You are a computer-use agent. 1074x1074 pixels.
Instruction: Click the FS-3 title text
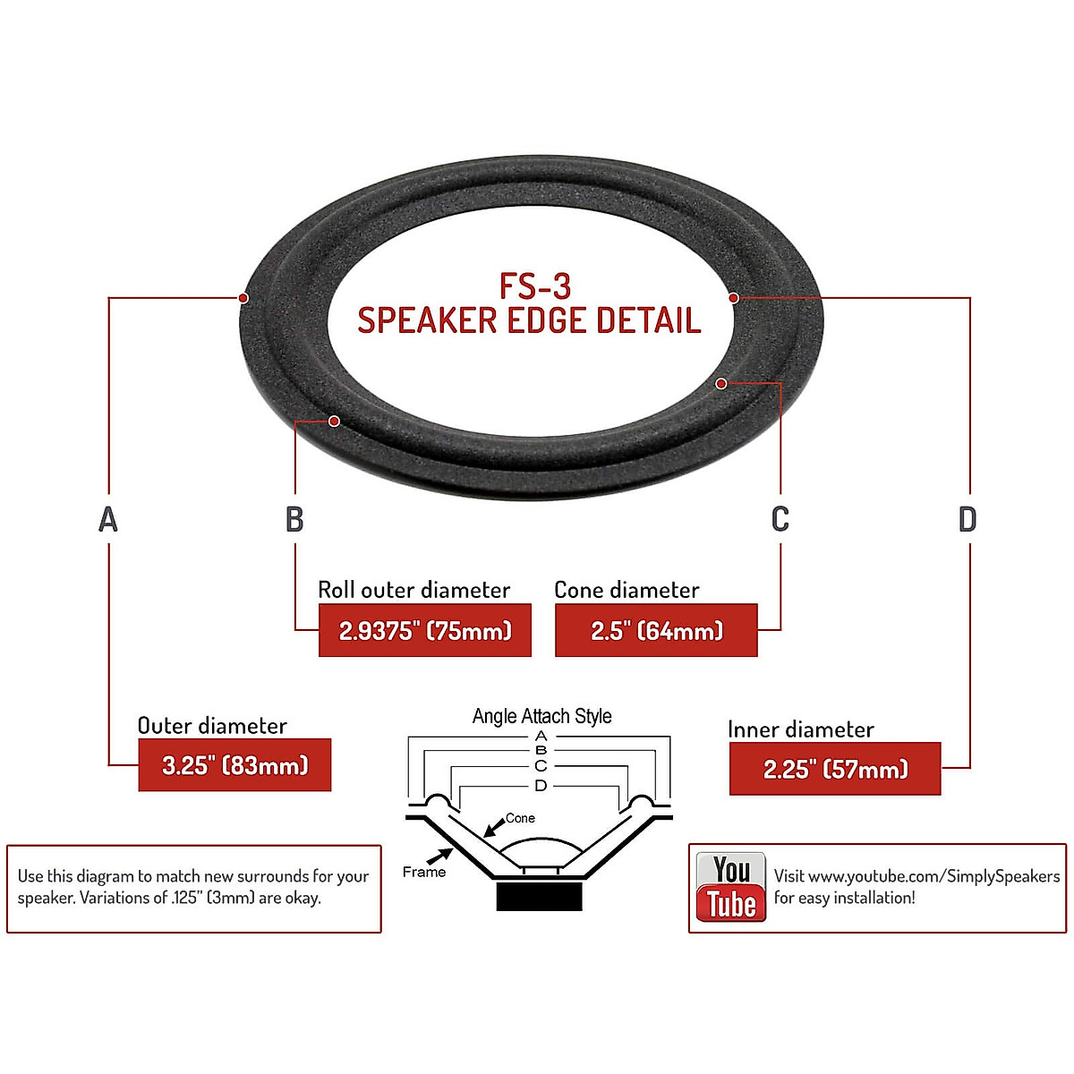coord(535,286)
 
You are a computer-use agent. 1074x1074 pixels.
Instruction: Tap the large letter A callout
coord(108,519)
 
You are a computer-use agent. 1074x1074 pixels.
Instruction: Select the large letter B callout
coord(294,519)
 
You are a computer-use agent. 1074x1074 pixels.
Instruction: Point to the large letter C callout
coord(780,519)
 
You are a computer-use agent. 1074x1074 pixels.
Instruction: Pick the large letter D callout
coord(967,519)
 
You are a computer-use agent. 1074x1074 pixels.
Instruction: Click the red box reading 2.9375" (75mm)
coord(425,631)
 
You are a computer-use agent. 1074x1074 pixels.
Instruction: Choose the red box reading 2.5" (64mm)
coord(656,631)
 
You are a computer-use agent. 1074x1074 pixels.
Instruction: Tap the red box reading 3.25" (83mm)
coord(234,765)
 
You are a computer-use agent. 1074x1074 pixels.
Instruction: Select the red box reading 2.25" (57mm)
coord(835,769)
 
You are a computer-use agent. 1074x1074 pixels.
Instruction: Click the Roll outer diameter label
coord(413,590)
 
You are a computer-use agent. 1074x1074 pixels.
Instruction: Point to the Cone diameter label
coord(626,590)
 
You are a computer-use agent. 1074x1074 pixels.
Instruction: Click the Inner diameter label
coord(800,729)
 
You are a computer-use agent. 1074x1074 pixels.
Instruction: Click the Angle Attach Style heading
coord(541,716)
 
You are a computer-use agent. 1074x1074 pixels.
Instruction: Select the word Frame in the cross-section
coord(423,872)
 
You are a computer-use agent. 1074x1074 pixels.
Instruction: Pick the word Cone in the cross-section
coord(520,818)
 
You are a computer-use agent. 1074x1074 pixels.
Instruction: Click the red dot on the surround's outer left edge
coord(243,298)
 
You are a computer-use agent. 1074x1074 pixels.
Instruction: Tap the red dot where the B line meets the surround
coord(334,421)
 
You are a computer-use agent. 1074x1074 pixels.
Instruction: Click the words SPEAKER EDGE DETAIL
coord(529,320)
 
